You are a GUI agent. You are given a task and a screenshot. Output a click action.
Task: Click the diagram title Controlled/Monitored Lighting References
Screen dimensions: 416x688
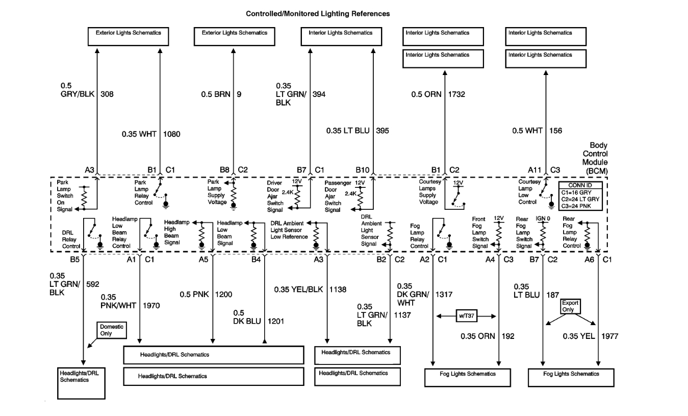[318, 14]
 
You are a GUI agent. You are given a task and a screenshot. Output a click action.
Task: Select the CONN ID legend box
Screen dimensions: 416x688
[581, 197]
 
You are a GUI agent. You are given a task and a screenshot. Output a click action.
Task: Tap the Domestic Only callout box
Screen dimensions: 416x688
[111, 330]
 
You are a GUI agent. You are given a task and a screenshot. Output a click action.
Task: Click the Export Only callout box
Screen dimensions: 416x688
[571, 306]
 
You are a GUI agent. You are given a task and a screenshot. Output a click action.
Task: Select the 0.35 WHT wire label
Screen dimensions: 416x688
[139, 134]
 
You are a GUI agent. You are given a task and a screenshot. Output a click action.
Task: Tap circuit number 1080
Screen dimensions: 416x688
[171, 134]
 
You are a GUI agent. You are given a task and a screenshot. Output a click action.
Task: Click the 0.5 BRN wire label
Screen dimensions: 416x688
[216, 94]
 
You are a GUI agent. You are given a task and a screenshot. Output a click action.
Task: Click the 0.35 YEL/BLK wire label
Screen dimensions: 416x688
[298, 289]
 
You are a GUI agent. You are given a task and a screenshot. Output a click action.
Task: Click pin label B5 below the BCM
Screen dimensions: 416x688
[75, 260]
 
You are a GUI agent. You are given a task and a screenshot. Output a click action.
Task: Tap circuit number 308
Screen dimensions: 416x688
[107, 94]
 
